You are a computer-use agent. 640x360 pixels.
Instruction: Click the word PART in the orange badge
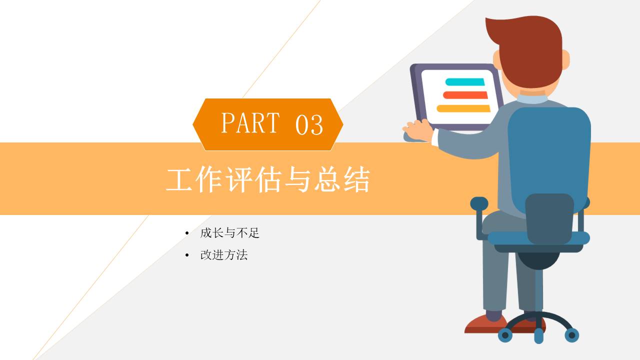click(250, 123)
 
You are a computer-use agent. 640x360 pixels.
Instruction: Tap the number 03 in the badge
click(309, 124)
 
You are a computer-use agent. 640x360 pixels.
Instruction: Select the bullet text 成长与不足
click(229, 233)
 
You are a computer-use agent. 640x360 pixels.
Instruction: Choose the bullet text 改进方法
click(223, 255)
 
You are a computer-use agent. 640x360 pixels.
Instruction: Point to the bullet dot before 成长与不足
click(187, 233)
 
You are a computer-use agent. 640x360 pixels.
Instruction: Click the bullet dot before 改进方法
click(187, 255)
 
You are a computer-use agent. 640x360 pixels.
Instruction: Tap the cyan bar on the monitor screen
click(465, 82)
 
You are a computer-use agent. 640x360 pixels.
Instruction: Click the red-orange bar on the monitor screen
click(465, 95)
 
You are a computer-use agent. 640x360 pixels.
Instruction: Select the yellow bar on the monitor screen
click(463, 108)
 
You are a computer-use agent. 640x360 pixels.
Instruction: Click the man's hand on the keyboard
click(418, 130)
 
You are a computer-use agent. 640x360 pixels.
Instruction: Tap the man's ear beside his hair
click(565, 59)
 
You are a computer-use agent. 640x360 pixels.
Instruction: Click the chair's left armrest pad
click(479, 203)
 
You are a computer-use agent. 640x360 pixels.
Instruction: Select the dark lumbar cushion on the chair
click(549, 218)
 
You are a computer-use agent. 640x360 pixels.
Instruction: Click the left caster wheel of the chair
click(505, 335)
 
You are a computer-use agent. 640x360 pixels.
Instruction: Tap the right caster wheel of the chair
click(571, 335)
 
